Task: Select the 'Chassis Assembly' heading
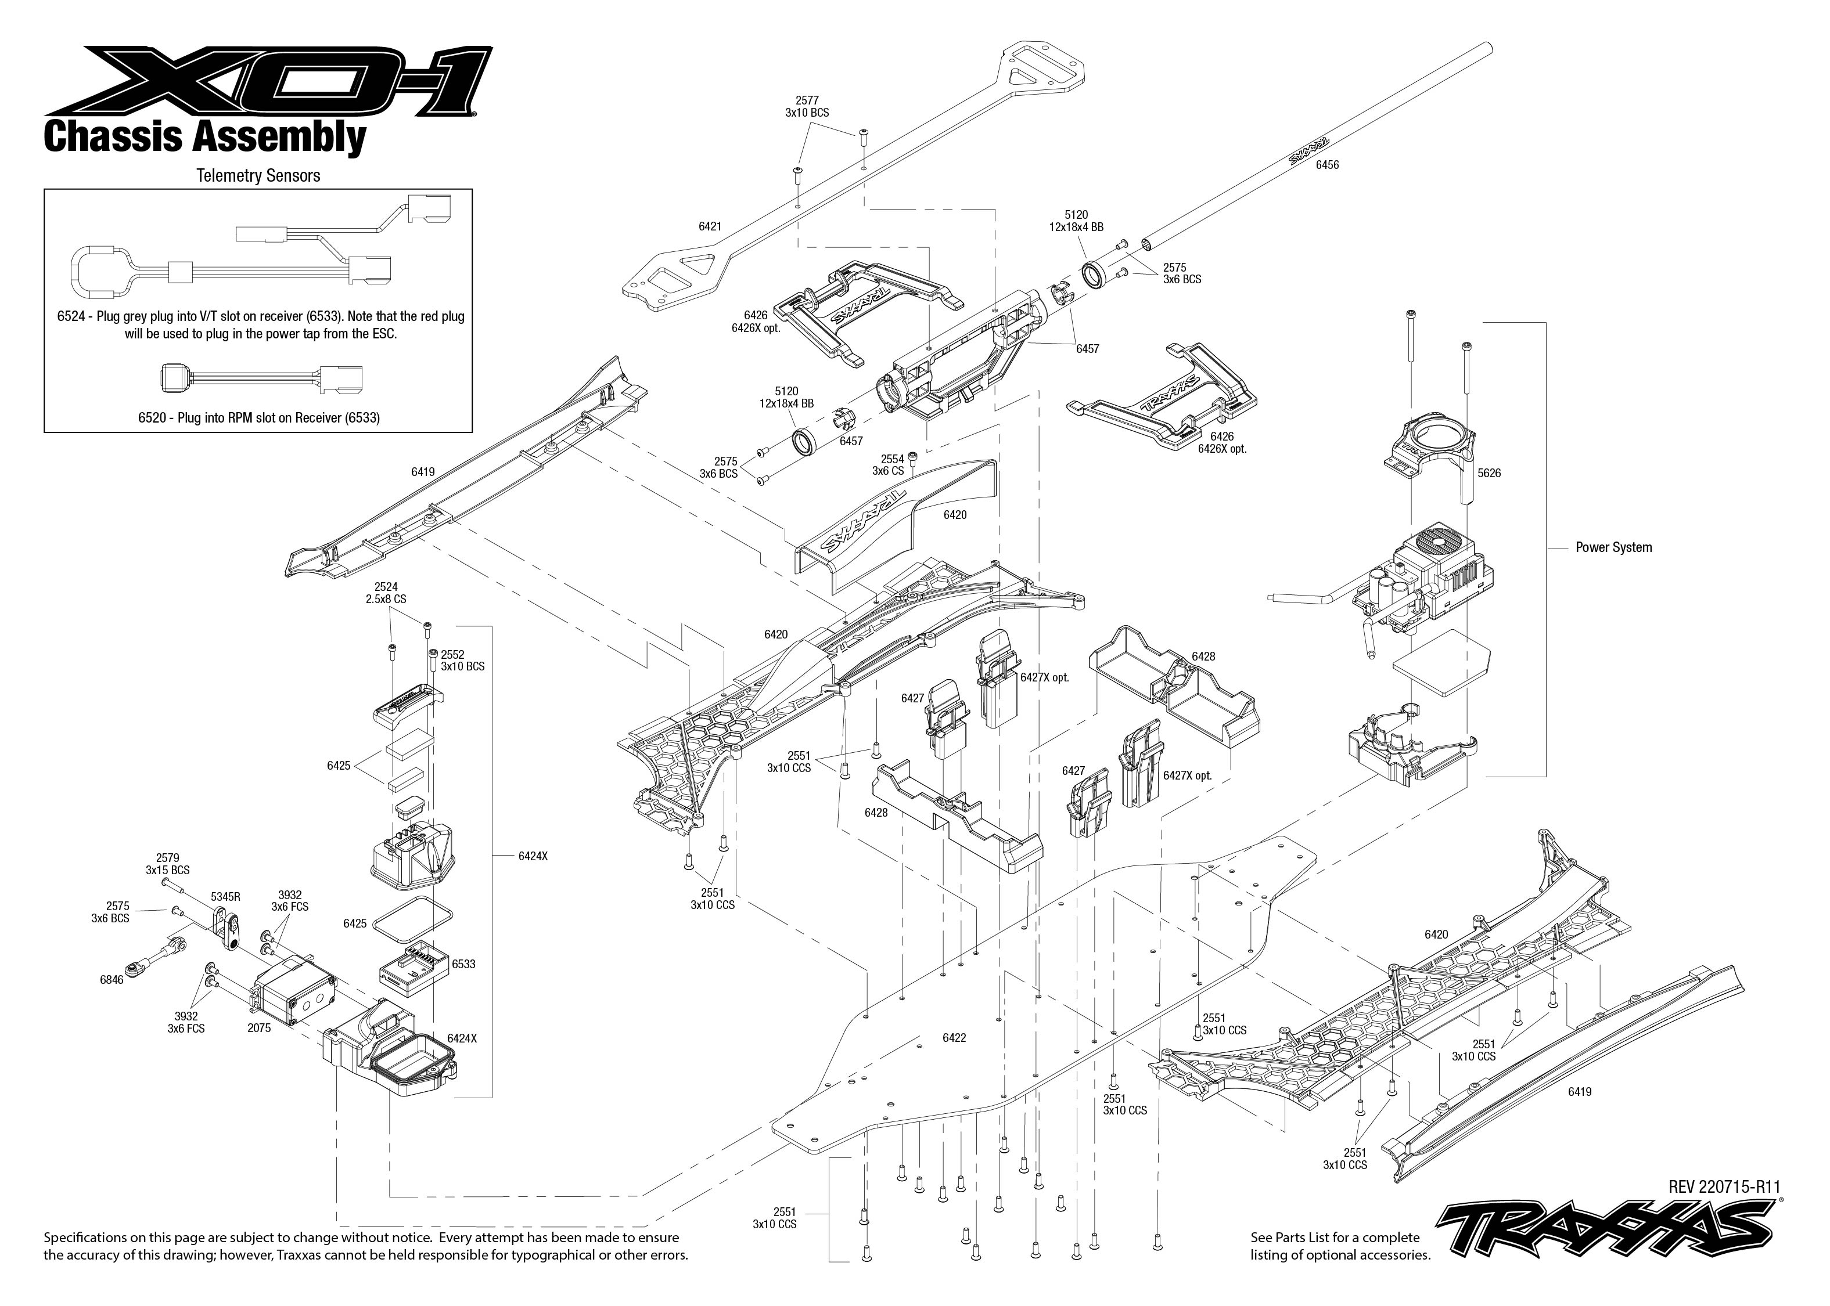coord(204,138)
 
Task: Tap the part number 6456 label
coord(1327,165)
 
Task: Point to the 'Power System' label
coord(1613,548)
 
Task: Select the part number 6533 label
coord(463,964)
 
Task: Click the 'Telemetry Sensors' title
coord(258,175)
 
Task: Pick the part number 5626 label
coord(1489,473)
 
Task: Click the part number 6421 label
coord(710,227)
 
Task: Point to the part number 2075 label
coord(259,1028)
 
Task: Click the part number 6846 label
coord(112,980)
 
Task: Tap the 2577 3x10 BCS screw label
coord(807,107)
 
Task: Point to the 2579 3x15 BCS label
coord(167,864)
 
